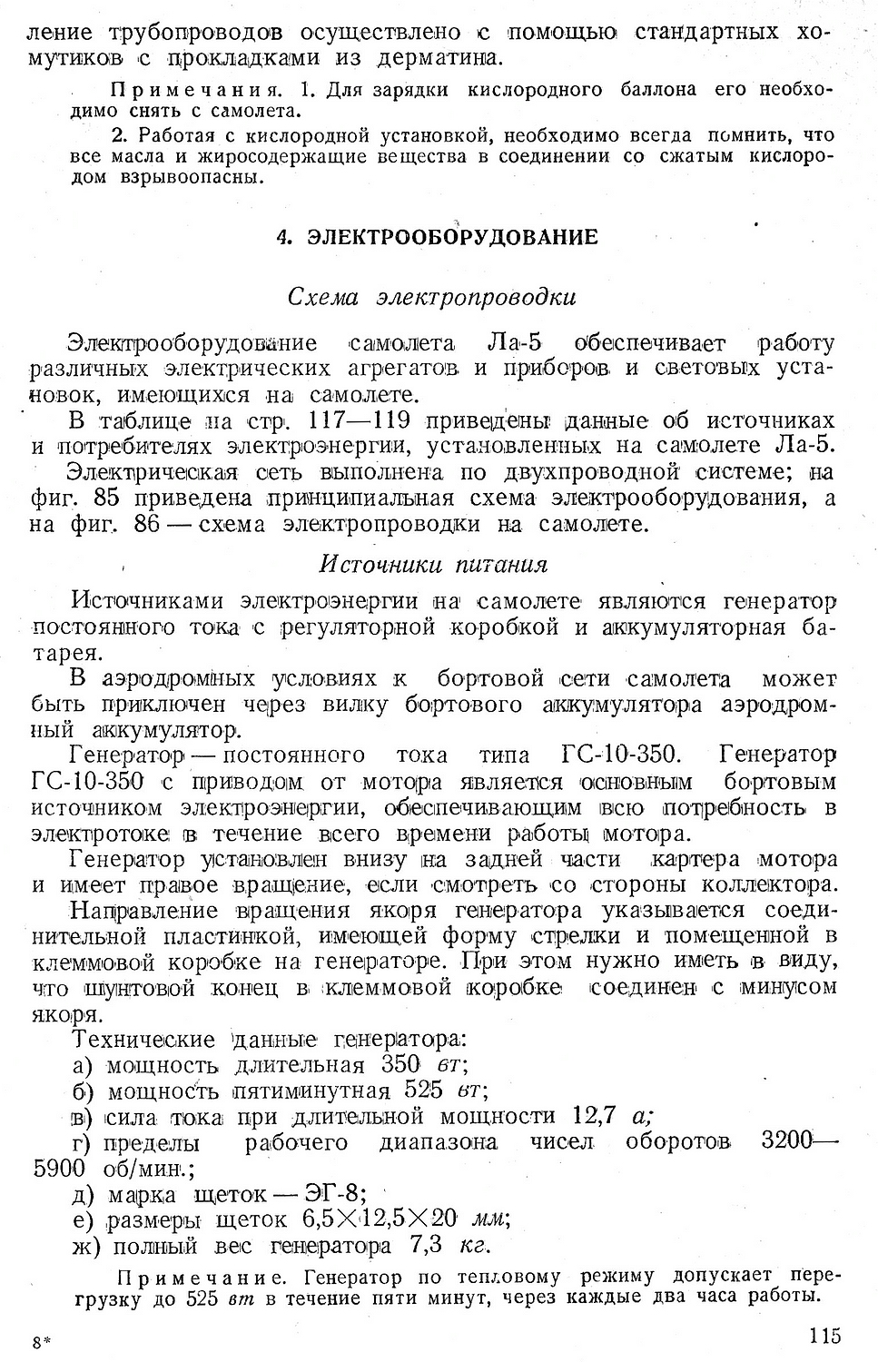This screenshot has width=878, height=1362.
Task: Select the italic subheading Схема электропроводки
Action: (431, 298)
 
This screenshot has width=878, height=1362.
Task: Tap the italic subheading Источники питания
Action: (433, 565)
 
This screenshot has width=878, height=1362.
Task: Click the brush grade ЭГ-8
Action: (330, 1192)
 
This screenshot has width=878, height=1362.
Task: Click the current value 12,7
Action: (595, 1116)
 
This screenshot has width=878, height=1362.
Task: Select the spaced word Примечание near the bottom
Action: (203, 1278)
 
